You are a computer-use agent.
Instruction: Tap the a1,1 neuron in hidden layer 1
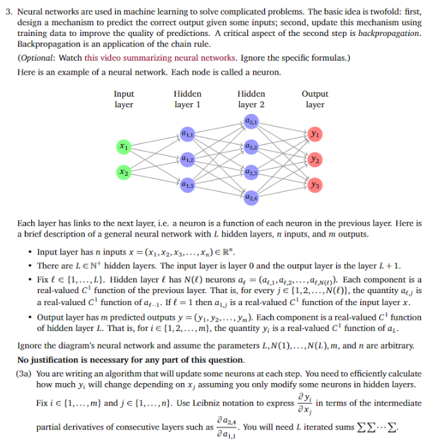click(187, 134)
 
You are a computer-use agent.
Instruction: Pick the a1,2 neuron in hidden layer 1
click(187, 159)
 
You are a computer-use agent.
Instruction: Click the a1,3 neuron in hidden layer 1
click(187, 184)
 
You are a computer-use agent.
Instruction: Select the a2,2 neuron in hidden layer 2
click(250, 146)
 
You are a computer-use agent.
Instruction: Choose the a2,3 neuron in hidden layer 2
click(250, 172)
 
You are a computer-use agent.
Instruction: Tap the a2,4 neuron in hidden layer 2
click(250, 197)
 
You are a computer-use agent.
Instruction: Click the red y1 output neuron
click(314, 134)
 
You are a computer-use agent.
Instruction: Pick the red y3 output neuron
click(314, 184)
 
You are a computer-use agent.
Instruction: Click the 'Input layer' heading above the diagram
click(124, 99)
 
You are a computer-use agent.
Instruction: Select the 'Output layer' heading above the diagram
click(314, 99)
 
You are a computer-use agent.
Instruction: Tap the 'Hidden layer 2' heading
click(250, 99)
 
